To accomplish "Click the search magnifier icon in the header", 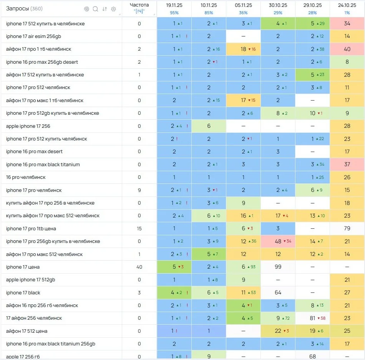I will pos(95,9).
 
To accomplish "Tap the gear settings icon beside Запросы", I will pos(113,9).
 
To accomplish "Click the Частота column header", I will pos(139,5).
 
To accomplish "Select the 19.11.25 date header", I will pos(174,5).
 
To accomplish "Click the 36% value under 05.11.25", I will pos(243,13).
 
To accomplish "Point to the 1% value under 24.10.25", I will pos(347,13).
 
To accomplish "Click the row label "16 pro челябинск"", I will pos(26,177).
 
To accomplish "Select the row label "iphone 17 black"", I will pos(23,292).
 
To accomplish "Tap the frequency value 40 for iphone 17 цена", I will pos(139,267).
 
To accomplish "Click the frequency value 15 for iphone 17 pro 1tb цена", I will pos(139,228).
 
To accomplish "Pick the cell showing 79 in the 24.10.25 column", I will pos(347,228).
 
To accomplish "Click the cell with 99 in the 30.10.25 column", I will pos(278,267).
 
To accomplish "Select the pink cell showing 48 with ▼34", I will pos(278,241).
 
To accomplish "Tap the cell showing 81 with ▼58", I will pos(312,318).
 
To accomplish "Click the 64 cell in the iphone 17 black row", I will pos(278,292).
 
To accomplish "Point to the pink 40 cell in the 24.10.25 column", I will pos(347,49).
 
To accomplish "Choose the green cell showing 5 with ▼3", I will pos(174,267).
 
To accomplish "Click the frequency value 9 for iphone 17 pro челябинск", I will pos(139,190).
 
